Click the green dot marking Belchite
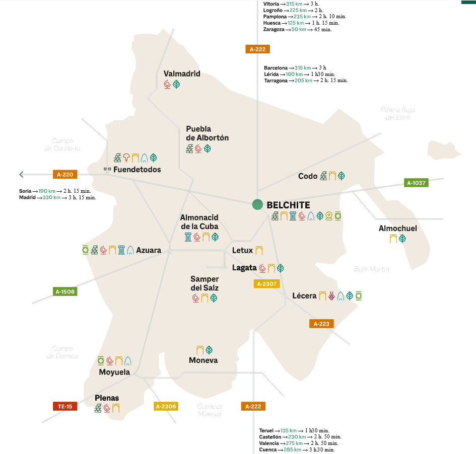click(257, 204)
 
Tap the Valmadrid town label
click(182, 73)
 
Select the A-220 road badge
click(65, 175)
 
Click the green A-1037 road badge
click(416, 183)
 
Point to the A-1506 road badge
click(65, 291)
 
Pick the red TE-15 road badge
click(65, 406)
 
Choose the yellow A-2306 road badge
click(166, 406)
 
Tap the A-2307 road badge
click(266, 284)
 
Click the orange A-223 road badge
click(321, 324)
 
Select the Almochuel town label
click(398, 229)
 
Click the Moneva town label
click(203, 360)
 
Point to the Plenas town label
click(107, 398)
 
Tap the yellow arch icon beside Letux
click(259, 250)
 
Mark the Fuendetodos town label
click(137, 170)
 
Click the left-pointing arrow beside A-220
click(21, 175)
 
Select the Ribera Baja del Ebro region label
click(398, 113)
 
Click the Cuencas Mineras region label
click(210, 410)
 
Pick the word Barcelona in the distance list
click(276, 67)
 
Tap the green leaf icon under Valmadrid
click(177, 85)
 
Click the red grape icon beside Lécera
click(331, 296)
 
